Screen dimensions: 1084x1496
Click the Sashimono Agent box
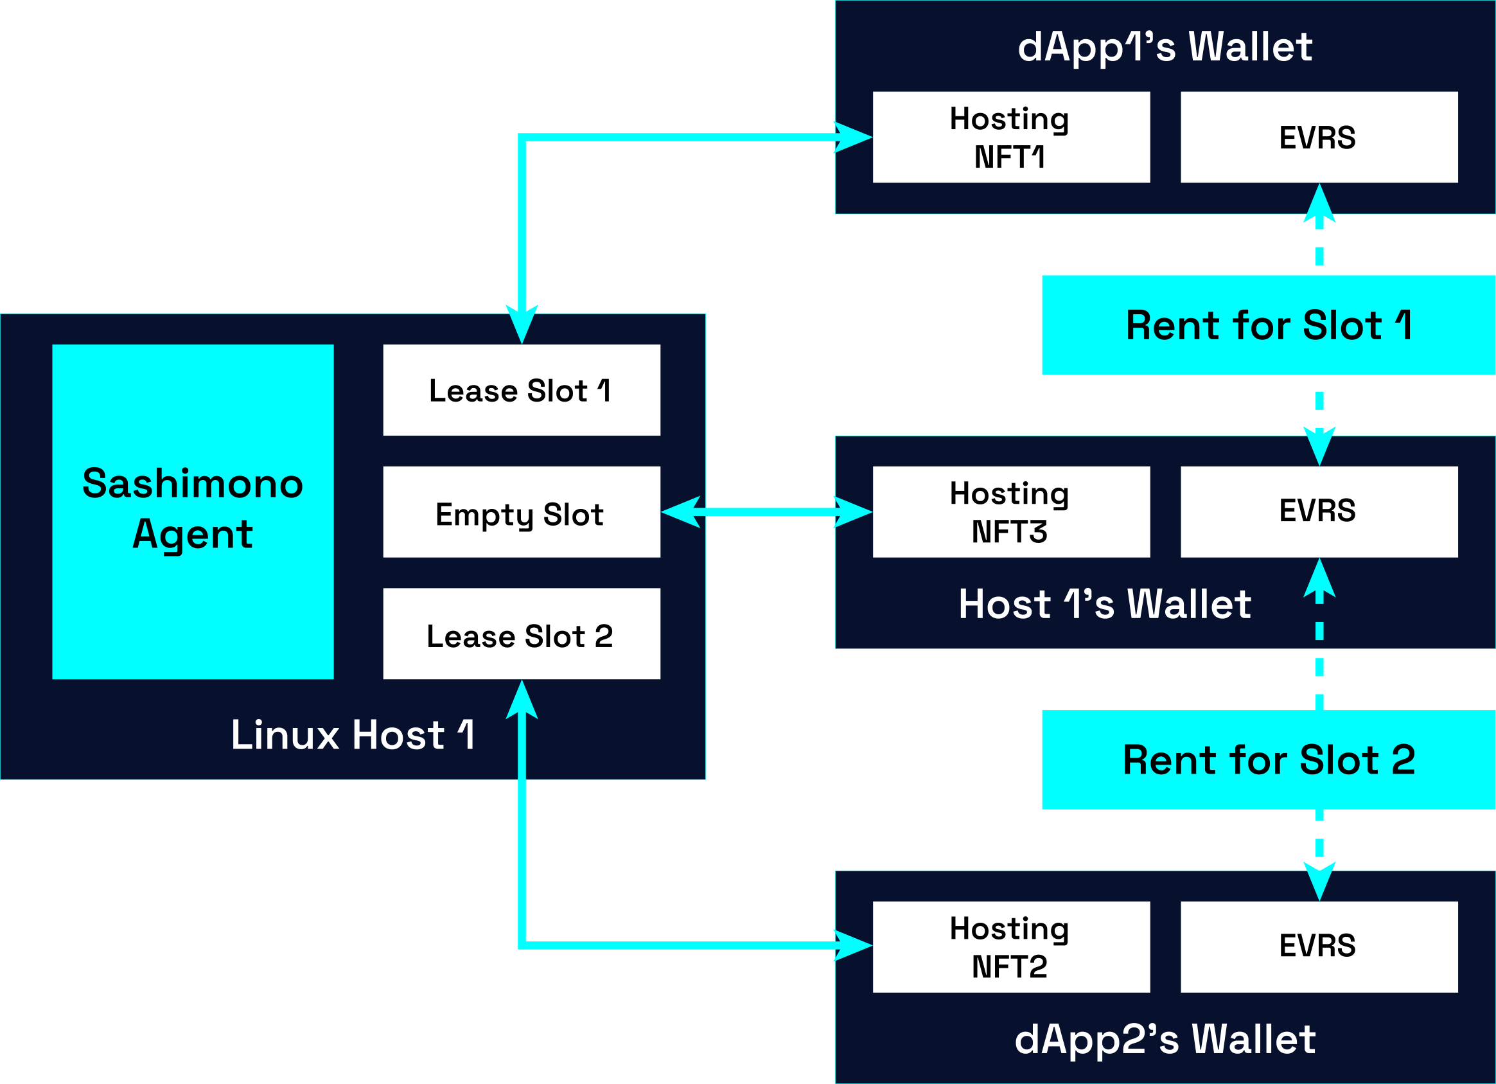click(x=193, y=511)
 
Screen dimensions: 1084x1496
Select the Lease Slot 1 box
click(x=521, y=390)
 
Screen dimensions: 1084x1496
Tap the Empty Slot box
click(x=521, y=512)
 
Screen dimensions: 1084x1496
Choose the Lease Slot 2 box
click(x=521, y=634)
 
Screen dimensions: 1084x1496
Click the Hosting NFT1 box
click(x=1010, y=138)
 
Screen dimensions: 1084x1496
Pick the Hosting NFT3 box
click(x=1010, y=512)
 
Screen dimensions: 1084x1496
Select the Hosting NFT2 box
click(x=1010, y=946)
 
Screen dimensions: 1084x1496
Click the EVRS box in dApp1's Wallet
click(x=1319, y=138)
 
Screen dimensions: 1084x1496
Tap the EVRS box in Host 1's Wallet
click(x=1319, y=512)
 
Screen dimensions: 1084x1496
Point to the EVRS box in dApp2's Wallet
click(x=1319, y=946)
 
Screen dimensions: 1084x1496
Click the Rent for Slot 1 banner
click(x=1268, y=325)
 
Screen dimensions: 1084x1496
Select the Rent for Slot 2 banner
click(x=1268, y=760)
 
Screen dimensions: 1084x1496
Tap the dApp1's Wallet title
click(x=1165, y=46)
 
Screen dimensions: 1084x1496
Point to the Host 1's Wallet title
click(x=1105, y=604)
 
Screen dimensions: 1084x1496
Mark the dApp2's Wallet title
click(x=1165, y=1039)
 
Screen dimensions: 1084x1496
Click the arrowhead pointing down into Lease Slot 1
click(x=522, y=324)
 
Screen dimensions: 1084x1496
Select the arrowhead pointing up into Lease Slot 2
click(x=522, y=700)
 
